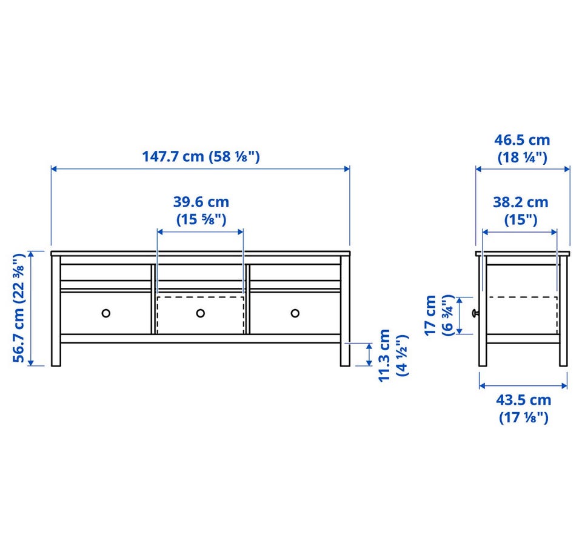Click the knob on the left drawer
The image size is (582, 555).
105,313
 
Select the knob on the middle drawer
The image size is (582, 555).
201,313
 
